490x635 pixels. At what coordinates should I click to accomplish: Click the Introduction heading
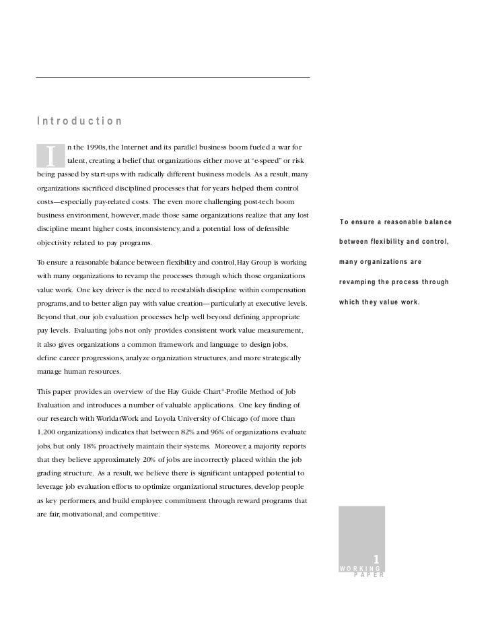[79, 121]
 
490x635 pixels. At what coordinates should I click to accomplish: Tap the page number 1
[376, 559]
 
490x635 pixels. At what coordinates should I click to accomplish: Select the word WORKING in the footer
[360, 569]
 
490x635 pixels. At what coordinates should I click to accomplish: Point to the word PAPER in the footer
[368, 576]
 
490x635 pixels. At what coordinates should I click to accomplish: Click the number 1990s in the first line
[90, 147]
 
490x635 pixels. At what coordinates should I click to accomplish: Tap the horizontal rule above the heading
[172, 78]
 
